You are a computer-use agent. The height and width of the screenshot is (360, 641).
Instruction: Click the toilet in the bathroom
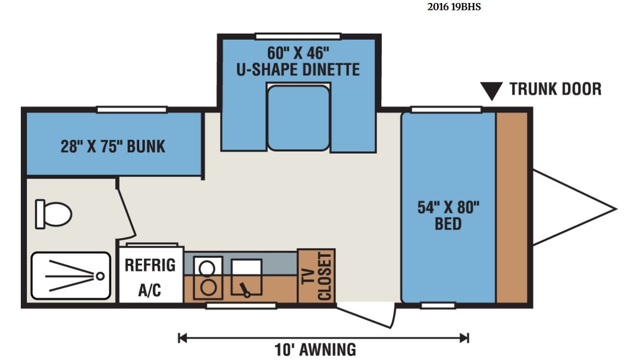[53, 214]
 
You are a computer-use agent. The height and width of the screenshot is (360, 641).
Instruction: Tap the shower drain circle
[100, 276]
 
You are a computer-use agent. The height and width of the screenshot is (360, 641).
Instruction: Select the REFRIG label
[150, 265]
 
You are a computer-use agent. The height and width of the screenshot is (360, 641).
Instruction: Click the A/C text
[149, 290]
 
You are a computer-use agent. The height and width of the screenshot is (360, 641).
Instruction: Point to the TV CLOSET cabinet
[316, 276]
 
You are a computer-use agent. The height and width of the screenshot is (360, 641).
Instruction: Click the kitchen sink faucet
[245, 290]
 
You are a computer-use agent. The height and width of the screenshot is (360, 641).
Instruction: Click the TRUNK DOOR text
[556, 89]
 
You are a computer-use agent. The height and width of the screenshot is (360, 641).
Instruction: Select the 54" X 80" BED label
[448, 216]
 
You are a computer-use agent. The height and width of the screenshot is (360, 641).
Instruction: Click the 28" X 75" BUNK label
[113, 146]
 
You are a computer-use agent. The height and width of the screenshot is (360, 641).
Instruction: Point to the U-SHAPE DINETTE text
[298, 70]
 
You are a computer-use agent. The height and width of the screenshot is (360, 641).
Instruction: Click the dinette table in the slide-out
[298, 118]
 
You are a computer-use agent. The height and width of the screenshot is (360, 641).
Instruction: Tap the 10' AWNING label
[315, 350]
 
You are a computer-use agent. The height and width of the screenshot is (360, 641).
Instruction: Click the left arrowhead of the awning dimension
[182, 338]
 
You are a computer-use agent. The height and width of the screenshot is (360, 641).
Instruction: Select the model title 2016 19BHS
[454, 7]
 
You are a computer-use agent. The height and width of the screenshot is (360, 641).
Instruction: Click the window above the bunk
[132, 110]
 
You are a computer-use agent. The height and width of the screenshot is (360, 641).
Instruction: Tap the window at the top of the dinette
[298, 36]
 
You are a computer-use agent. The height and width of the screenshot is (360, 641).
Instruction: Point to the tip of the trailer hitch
[617, 209]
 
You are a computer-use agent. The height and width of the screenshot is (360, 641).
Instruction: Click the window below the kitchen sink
[241, 306]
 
